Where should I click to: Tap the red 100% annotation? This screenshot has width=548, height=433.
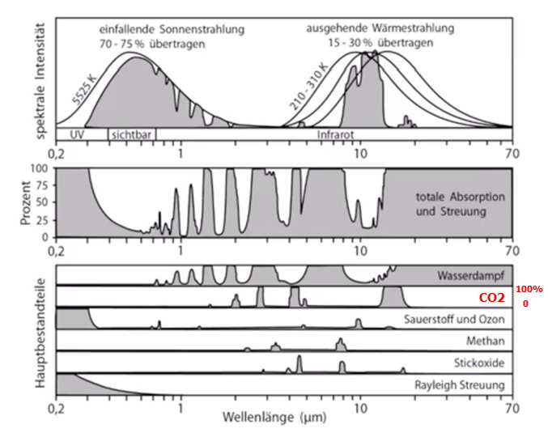(x=529, y=289)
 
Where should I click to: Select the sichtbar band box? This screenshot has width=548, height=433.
(x=131, y=134)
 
